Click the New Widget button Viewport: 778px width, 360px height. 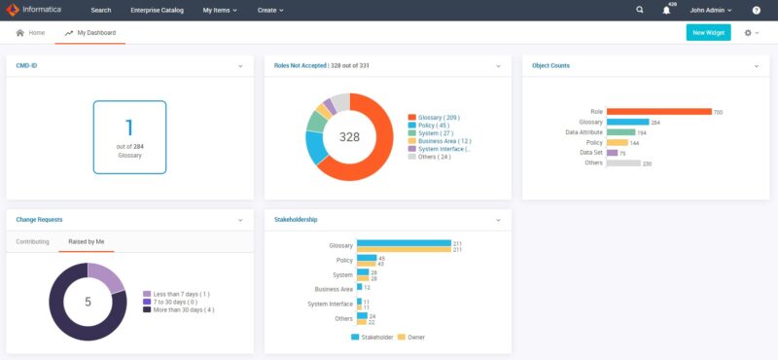[708, 32]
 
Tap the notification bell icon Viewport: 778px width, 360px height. [667, 10]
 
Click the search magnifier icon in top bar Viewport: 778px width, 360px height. [640, 10]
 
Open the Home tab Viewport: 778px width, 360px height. [30, 32]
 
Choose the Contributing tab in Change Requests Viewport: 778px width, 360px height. [33, 240]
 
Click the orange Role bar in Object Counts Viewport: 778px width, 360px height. [658, 112]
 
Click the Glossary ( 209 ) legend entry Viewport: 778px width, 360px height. [439, 116]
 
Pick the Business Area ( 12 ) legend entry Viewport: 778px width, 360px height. [444, 141]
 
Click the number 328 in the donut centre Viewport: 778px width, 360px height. [349, 137]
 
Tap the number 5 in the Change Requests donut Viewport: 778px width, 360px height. [88, 302]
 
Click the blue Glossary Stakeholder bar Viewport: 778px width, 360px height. [404, 242]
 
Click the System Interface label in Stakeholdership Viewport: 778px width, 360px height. [330, 304]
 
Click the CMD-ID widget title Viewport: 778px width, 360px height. [27, 65]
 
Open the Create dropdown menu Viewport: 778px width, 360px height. [270, 10]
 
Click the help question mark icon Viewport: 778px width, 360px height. [757, 10]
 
